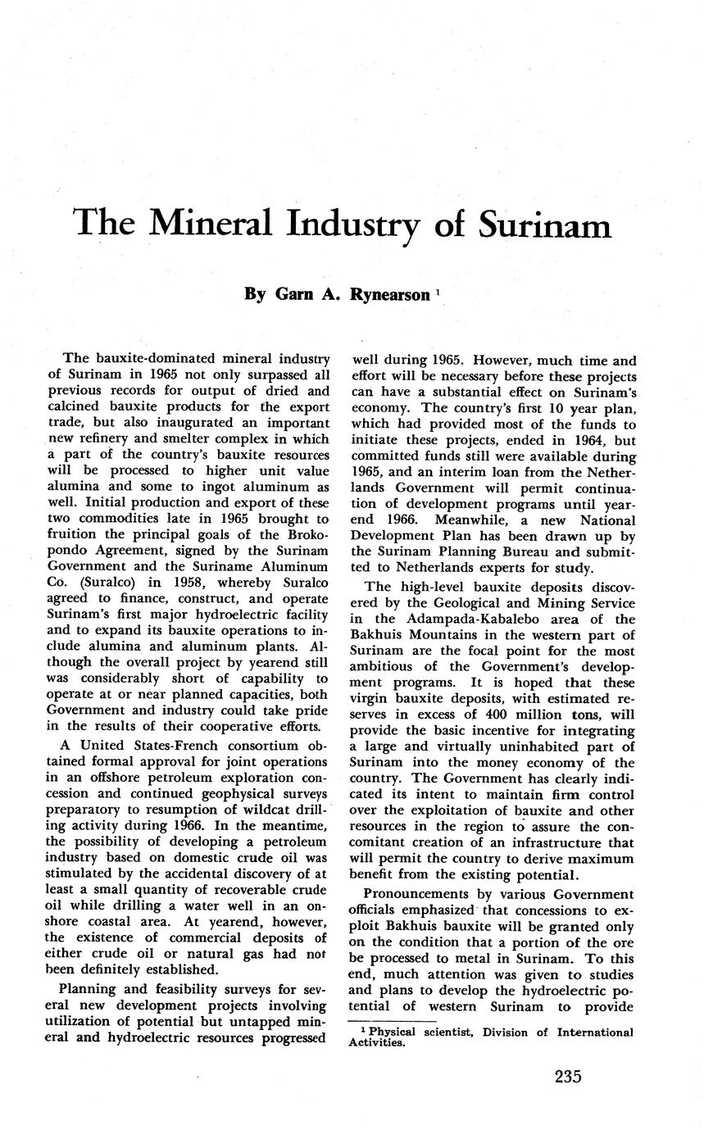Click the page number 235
coord(567,1076)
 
